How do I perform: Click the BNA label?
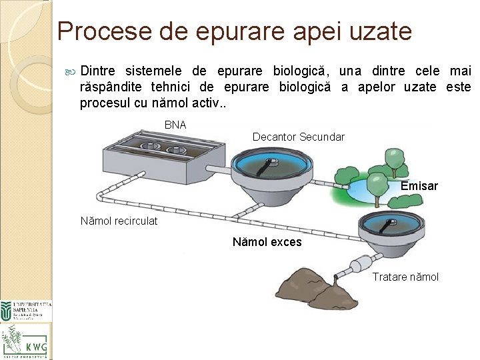click(x=175, y=125)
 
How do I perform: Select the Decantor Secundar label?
click(x=298, y=137)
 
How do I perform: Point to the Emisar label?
click(x=419, y=186)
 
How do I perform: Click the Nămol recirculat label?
click(x=119, y=221)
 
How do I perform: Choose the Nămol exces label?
click(x=267, y=242)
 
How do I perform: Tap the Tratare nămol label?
click(x=405, y=277)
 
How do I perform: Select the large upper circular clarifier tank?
click(x=273, y=171)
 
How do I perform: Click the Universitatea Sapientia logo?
click(x=25, y=311)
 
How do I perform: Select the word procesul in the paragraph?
click(x=103, y=103)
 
